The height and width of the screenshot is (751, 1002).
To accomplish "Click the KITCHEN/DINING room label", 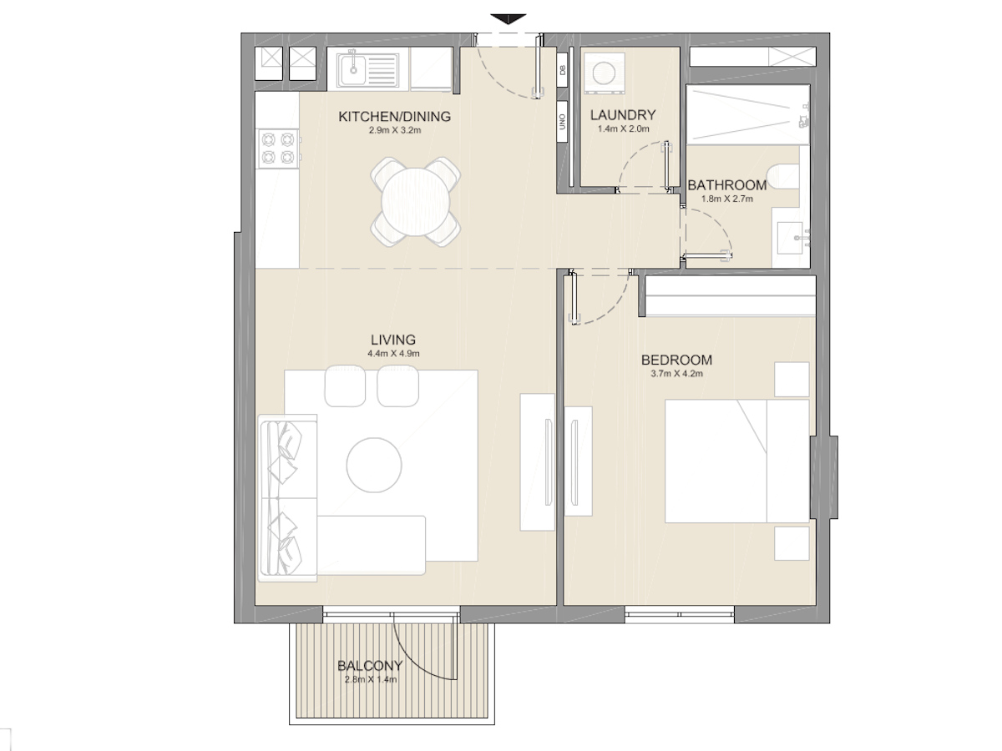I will (x=394, y=117).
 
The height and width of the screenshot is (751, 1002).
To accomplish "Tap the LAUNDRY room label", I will (x=622, y=115).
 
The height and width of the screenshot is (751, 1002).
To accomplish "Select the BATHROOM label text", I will (x=726, y=185).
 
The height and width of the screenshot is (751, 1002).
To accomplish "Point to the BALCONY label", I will (x=370, y=666).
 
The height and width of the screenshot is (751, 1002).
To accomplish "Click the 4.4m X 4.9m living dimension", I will (x=392, y=354).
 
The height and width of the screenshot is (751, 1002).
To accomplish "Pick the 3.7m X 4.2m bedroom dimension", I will (x=676, y=374).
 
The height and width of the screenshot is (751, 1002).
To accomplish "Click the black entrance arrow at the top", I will (x=509, y=19).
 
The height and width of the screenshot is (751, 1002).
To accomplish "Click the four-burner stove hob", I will (x=278, y=147).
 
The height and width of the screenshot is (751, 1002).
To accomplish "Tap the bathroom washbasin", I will (x=793, y=237).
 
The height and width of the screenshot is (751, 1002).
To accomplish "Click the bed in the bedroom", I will (x=736, y=461).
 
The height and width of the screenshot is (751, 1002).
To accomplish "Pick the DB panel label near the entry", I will (x=562, y=71).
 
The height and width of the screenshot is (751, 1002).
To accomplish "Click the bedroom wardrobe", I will (x=726, y=296).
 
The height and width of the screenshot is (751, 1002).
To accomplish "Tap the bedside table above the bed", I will (x=791, y=379).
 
